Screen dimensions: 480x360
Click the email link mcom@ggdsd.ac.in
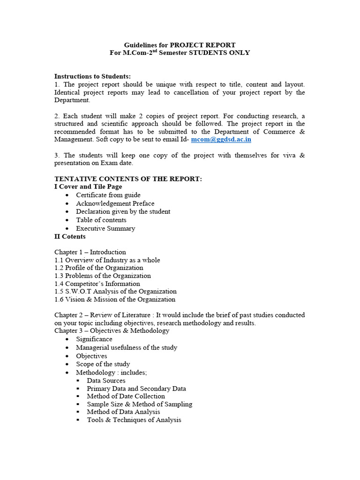221,139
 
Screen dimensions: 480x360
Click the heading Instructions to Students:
92,76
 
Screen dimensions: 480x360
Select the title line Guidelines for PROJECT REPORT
180,45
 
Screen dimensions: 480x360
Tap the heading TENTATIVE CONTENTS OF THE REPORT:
128,179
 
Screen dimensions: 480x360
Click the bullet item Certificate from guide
108,195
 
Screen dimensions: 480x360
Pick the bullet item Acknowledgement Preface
115,203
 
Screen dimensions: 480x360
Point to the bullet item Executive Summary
105,228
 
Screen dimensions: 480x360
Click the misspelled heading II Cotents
70,236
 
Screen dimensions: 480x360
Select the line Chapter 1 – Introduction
90,252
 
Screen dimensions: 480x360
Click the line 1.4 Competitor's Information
97,284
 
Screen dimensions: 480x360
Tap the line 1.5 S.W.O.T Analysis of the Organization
115,292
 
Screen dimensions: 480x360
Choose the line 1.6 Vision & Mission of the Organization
115,300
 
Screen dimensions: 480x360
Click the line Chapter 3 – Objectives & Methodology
112,331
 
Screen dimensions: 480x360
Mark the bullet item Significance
94,339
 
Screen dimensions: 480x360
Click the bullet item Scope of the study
103,364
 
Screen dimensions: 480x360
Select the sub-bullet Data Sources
106,381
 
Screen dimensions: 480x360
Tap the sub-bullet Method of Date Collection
126,396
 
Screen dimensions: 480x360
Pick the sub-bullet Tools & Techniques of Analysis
134,420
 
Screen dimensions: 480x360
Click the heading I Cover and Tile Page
88,187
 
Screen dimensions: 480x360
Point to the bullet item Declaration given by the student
123,211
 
